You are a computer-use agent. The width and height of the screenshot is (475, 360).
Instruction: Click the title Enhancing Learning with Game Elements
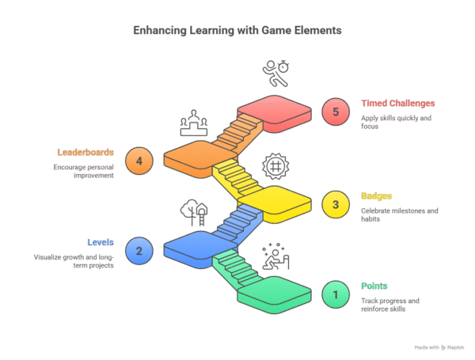coord(237,31)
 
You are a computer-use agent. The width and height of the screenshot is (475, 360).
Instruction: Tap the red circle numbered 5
coord(336,112)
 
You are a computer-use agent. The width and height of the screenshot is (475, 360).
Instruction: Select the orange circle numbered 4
coord(139,161)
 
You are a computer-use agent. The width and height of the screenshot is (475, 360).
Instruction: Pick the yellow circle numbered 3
coord(336,205)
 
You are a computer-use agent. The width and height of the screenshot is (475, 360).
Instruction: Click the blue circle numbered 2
coord(139,252)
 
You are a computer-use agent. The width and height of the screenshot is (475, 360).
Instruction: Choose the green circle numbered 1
coord(336,295)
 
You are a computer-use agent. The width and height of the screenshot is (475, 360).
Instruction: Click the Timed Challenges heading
coord(398,104)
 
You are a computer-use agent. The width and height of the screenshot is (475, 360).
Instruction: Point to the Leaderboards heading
coord(85,152)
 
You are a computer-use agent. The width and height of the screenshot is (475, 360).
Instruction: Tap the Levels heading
coord(101,242)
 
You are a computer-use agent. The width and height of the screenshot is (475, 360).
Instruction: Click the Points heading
coord(374,286)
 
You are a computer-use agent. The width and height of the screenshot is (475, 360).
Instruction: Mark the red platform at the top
coord(274,112)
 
